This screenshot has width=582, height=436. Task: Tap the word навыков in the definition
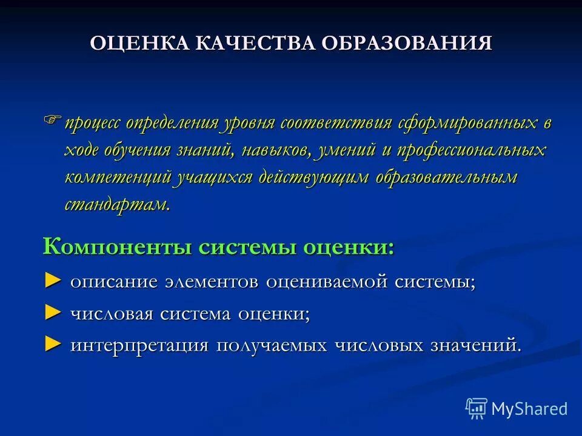tap(280, 150)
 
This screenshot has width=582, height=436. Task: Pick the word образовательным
tap(446, 177)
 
